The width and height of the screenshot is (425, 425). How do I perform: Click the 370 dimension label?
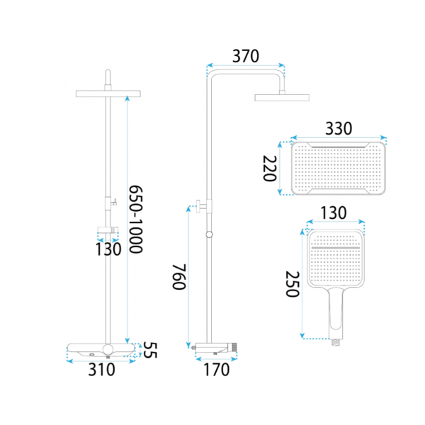(x=246, y=56)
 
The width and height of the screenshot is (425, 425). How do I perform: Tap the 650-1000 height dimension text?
(x=135, y=220)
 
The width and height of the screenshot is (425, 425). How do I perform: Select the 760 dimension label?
(x=179, y=277)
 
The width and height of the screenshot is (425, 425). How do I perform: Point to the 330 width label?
(x=339, y=128)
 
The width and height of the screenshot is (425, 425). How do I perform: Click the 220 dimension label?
(x=270, y=169)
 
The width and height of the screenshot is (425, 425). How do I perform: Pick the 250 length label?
(x=293, y=284)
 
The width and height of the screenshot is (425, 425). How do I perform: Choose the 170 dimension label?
(x=216, y=370)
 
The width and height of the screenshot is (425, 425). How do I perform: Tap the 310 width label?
(x=101, y=370)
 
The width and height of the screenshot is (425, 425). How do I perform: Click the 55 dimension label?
(x=150, y=350)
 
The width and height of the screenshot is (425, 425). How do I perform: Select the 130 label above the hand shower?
(x=334, y=212)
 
